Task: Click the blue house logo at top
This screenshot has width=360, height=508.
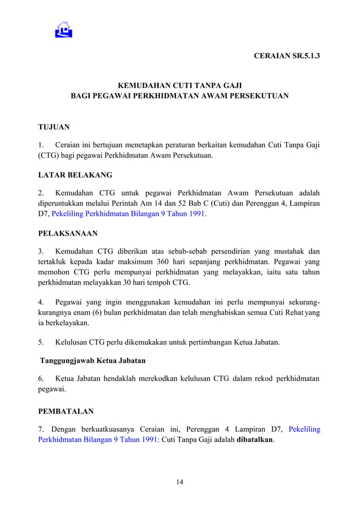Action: [64, 29]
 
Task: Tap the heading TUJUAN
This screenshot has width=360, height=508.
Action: [54, 127]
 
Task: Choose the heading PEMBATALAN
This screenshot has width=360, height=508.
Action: [65, 412]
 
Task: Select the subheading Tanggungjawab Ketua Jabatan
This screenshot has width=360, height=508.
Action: [93, 360]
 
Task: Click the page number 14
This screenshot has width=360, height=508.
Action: [179, 482]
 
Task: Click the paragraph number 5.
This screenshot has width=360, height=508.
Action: [41, 342]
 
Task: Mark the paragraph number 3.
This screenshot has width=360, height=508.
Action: [41, 251]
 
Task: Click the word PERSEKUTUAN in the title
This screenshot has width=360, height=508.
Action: [260, 96]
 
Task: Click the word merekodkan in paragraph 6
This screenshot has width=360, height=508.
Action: [155, 378]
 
